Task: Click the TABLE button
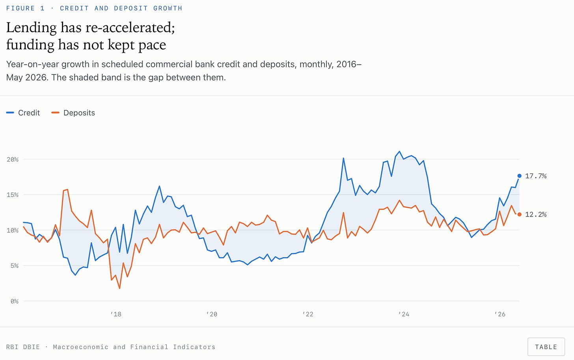[x=546, y=347]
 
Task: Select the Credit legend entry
[x=23, y=113]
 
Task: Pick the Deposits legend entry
[x=73, y=113]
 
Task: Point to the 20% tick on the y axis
[x=13, y=159]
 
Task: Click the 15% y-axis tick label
[x=13, y=195]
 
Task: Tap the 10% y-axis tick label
[x=13, y=230]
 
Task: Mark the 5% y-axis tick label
[x=14, y=266]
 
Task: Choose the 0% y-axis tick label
[x=14, y=301]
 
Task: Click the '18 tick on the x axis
[x=116, y=314]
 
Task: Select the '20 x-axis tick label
[x=212, y=314]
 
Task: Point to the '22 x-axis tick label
[x=308, y=314]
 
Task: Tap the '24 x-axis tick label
[x=404, y=314]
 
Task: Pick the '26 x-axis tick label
[x=500, y=314]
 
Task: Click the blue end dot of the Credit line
[x=520, y=176]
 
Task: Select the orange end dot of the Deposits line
[x=520, y=215]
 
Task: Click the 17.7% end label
[x=536, y=176]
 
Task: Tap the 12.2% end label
[x=536, y=215]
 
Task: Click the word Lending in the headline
[x=31, y=28]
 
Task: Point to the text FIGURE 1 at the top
[x=25, y=8]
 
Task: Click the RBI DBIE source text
[x=23, y=347]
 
